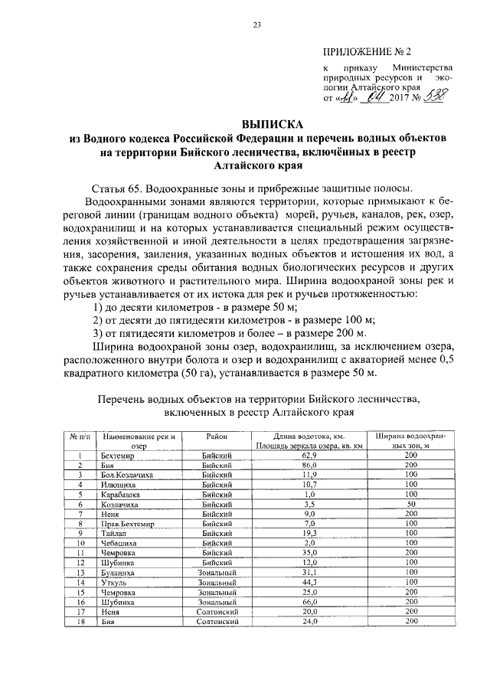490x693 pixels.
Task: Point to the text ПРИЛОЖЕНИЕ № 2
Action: [367, 52]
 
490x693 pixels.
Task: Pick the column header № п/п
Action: [80, 436]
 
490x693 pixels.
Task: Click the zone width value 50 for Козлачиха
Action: [410, 505]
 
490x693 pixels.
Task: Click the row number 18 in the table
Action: [80, 623]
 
